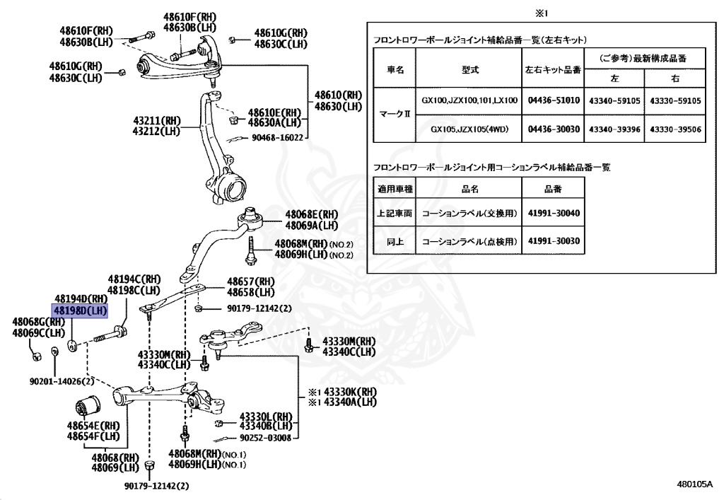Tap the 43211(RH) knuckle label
pyautogui.click(x=155, y=121)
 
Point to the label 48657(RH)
pyautogui.click(x=250, y=281)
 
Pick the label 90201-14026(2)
pyautogui.click(x=62, y=381)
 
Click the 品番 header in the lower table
pyautogui.click(x=554, y=188)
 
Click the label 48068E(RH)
pyautogui.click(x=312, y=214)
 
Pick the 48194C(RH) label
pyautogui.click(x=134, y=280)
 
